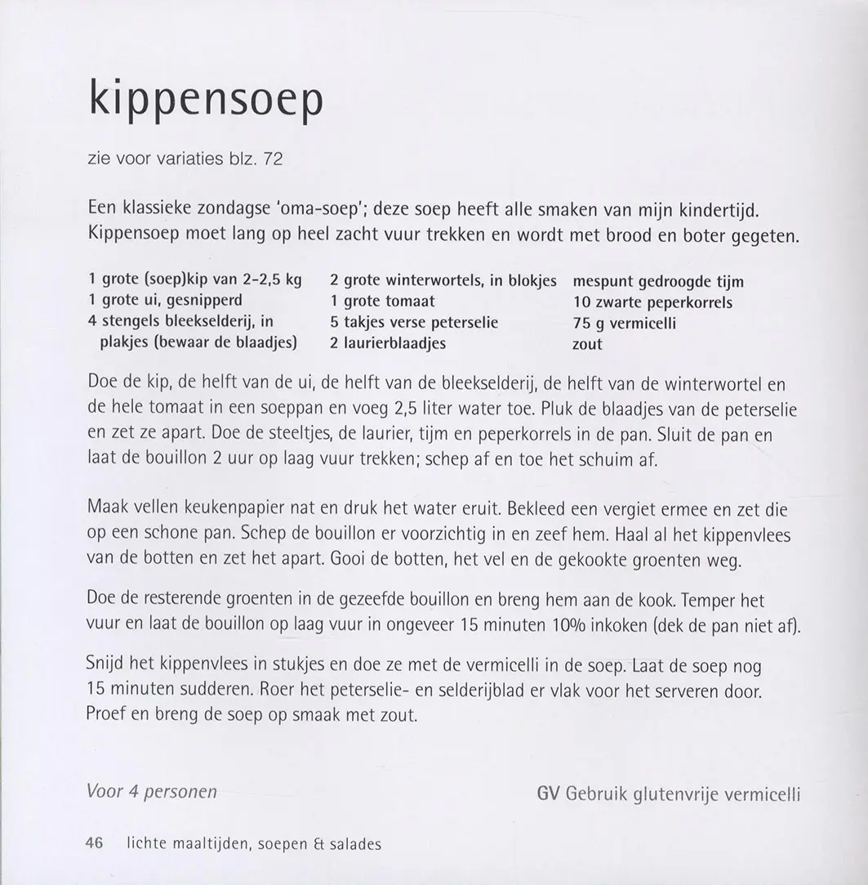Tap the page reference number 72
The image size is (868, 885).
[x=273, y=159]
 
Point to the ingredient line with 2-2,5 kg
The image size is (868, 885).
[x=194, y=280]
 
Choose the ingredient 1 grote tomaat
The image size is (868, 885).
[x=382, y=302]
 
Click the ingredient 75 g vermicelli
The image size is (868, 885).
[x=625, y=323]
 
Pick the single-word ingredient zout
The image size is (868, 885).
[x=587, y=344]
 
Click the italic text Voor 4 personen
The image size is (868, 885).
[x=151, y=791]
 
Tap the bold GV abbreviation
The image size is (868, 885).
[x=548, y=793]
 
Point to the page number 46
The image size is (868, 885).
[x=94, y=844]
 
